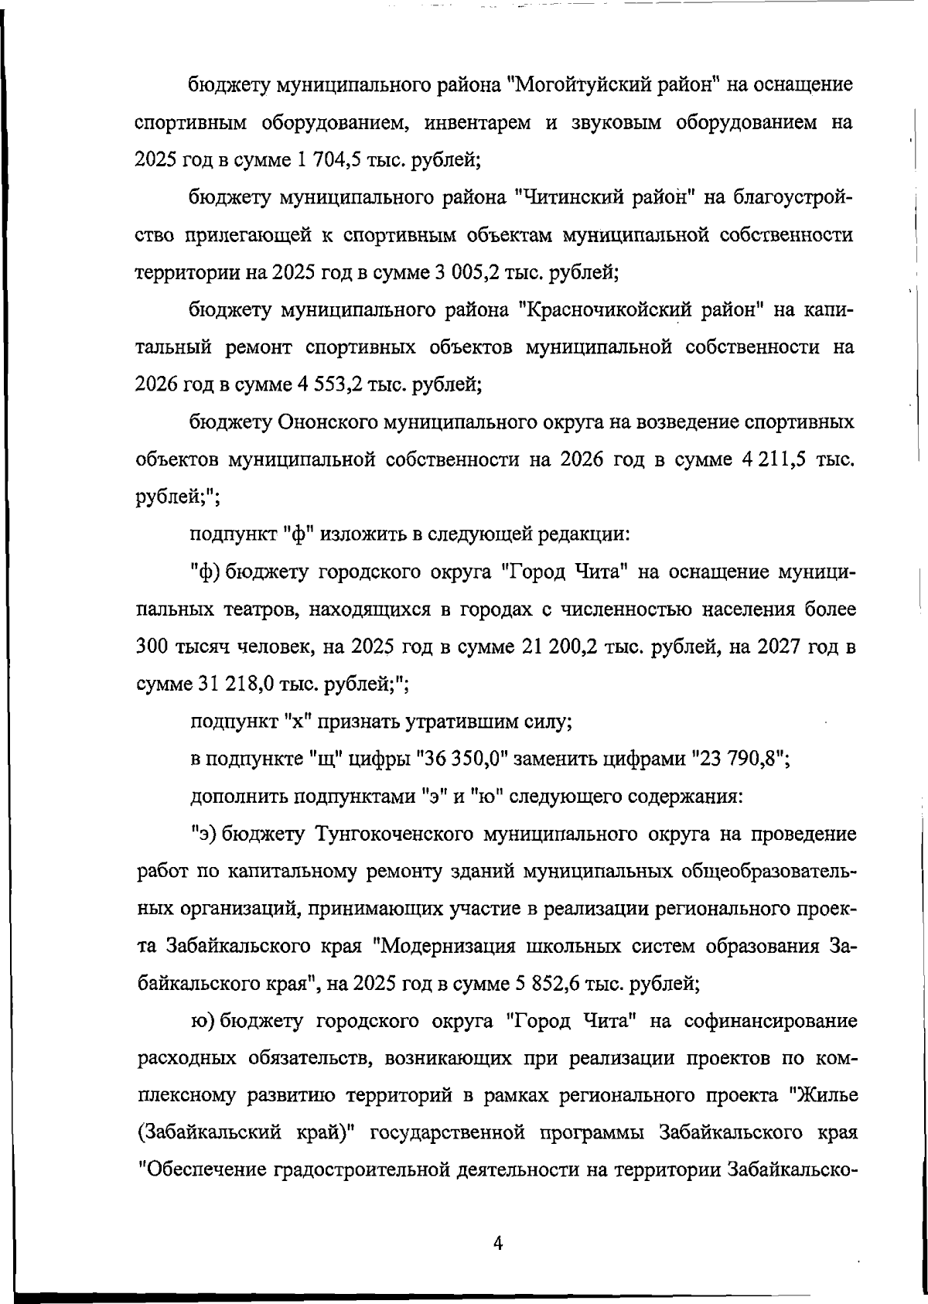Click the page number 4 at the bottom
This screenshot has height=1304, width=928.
coord(498,1243)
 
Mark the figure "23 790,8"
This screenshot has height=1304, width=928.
coord(735,760)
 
